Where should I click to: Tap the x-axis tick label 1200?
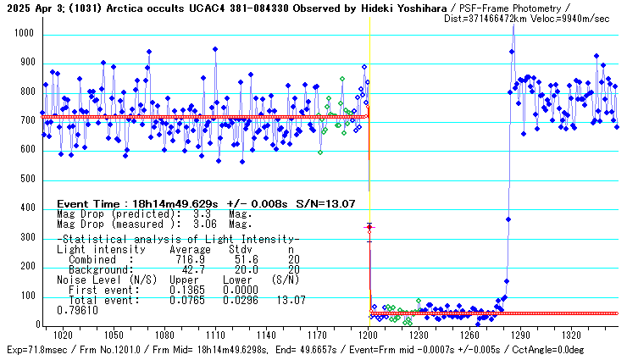click(x=369, y=335)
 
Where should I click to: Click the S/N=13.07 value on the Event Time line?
click(x=325, y=204)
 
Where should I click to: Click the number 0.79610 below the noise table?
click(x=77, y=310)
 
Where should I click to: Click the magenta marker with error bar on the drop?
click(x=369, y=227)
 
